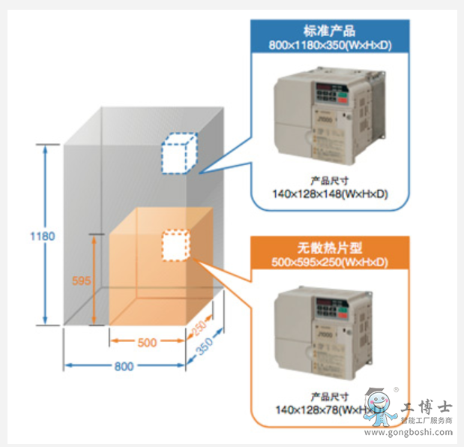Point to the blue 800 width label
124,367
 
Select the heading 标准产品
330,31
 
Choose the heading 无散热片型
329,247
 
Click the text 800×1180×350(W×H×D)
330,45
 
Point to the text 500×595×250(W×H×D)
329,262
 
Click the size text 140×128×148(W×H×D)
330,194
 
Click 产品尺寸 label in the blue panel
330,181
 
